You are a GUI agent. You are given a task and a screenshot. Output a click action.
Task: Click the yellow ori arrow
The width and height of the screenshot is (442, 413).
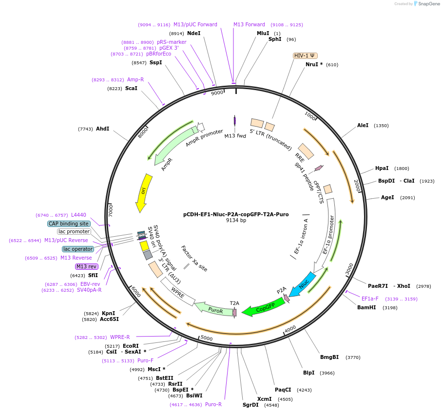click(x=144, y=191)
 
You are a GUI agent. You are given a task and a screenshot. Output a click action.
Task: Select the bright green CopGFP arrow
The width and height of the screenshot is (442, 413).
click(x=264, y=307)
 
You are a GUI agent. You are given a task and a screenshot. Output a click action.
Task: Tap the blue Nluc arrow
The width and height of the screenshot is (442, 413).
click(x=303, y=285)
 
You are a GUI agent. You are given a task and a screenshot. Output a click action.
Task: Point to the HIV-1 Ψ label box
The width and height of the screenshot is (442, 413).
click(x=305, y=56)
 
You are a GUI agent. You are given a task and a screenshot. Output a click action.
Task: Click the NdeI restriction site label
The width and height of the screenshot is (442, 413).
click(x=194, y=33)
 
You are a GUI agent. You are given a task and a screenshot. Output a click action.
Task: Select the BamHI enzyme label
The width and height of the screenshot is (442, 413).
click(x=366, y=307)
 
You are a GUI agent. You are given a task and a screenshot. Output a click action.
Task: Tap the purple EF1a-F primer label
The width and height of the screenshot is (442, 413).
click(x=370, y=299)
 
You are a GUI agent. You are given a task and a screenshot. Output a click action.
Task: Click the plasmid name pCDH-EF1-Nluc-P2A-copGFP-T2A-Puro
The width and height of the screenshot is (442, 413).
click(x=236, y=214)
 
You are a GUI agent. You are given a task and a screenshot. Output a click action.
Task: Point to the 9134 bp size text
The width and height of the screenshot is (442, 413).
click(x=236, y=220)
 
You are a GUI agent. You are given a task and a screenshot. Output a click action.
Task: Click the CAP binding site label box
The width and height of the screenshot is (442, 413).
click(x=69, y=224)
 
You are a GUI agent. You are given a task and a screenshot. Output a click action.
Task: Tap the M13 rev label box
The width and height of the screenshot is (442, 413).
click(x=86, y=266)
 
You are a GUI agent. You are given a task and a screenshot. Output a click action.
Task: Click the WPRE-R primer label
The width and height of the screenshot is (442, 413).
click(x=120, y=337)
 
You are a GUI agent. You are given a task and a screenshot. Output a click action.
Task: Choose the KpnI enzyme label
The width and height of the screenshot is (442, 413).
click(x=108, y=313)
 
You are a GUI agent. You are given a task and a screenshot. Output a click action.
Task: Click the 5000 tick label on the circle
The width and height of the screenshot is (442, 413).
click(x=207, y=338)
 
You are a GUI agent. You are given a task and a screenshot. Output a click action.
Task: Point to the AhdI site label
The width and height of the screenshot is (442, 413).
click(x=102, y=129)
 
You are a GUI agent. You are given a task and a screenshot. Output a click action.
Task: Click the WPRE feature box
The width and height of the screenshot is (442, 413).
click(x=177, y=295)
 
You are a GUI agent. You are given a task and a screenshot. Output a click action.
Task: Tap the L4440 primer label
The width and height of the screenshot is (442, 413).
click(x=78, y=215)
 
